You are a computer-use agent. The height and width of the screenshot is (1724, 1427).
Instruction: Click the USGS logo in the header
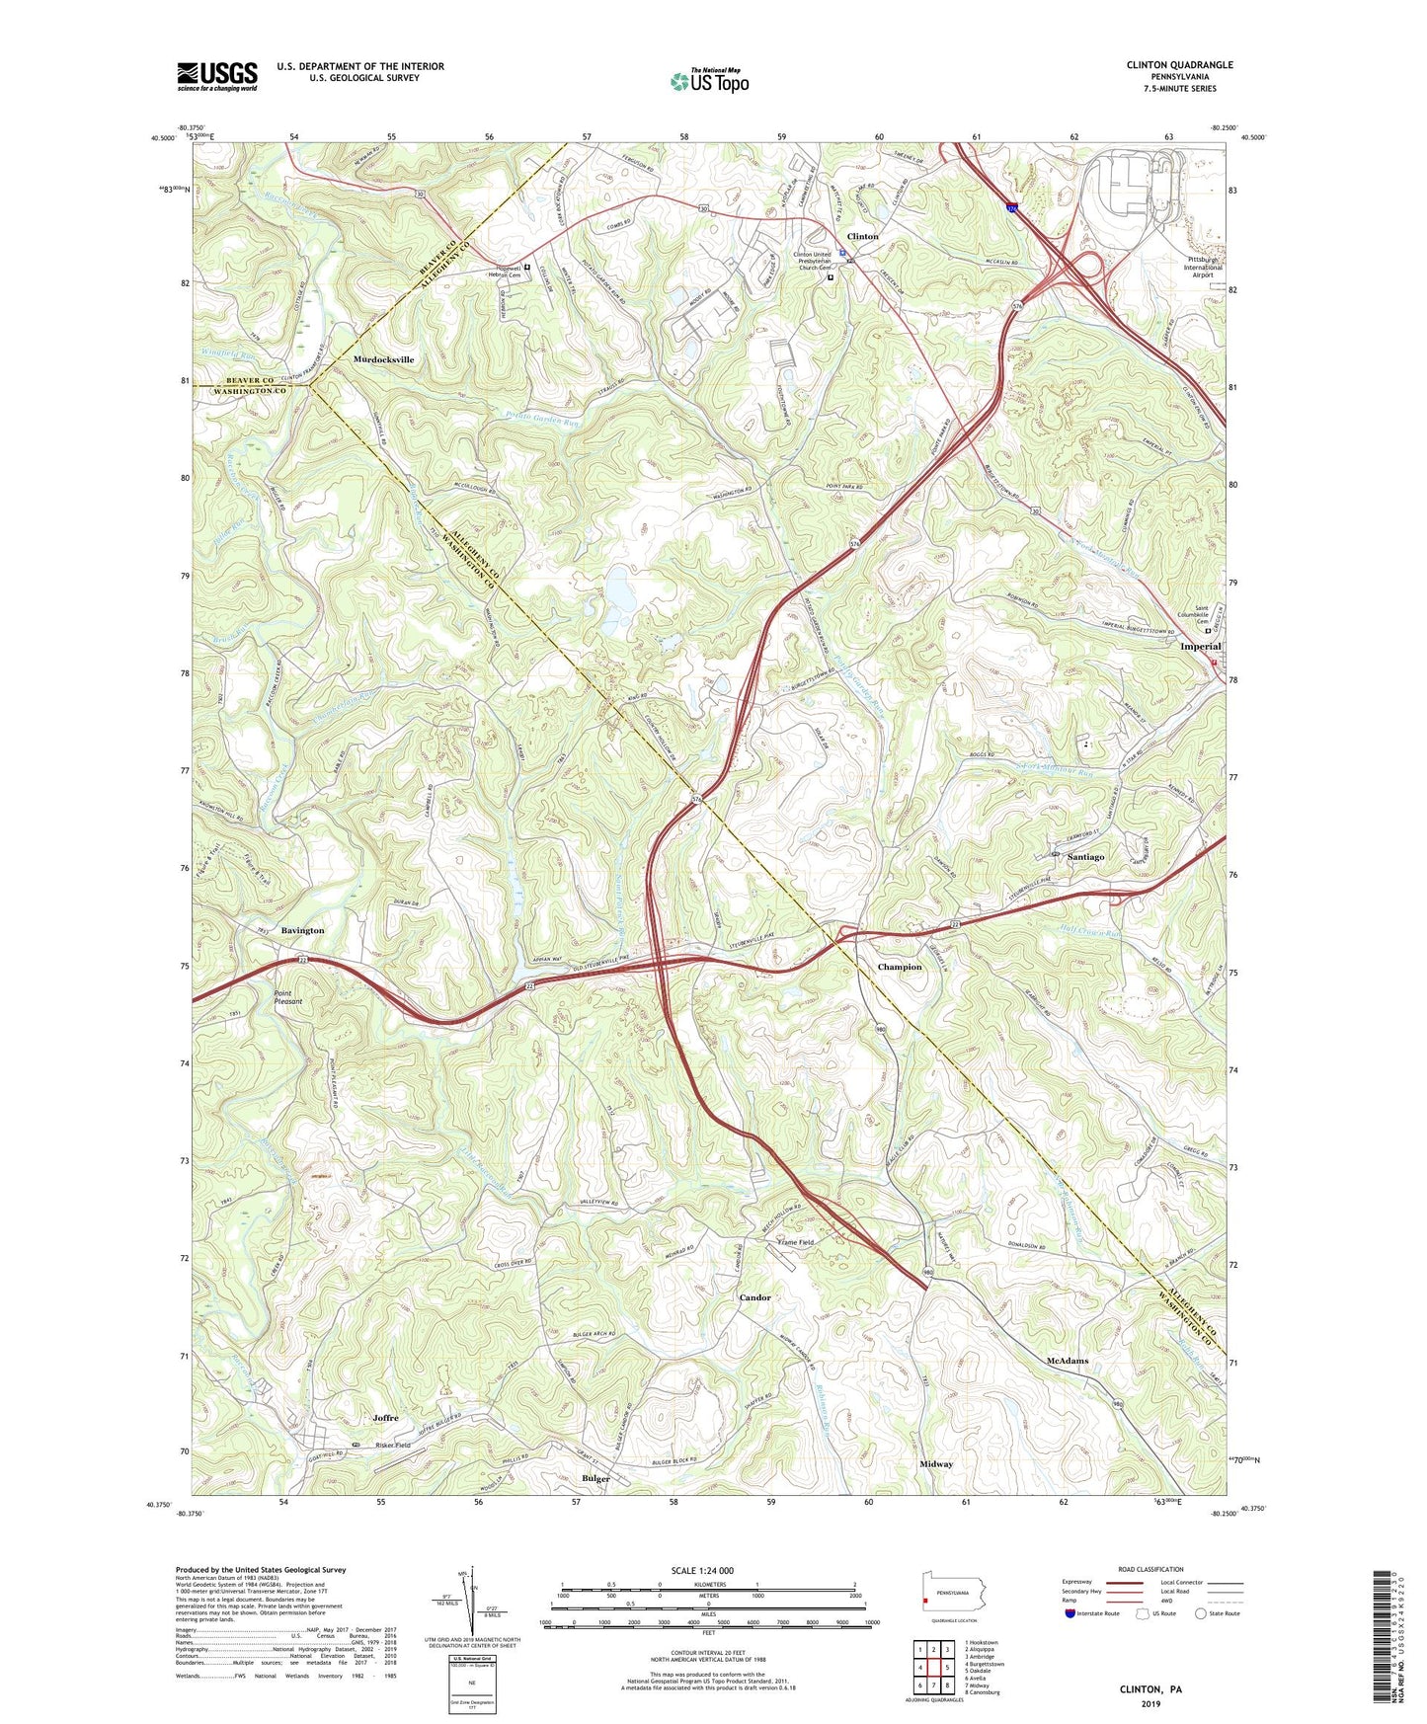tap(216, 75)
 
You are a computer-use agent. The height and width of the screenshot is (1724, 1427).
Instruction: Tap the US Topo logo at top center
tap(708, 81)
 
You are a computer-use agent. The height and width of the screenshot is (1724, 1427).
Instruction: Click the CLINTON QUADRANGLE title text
tap(1179, 65)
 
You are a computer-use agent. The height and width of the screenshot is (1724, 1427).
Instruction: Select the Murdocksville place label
tap(383, 359)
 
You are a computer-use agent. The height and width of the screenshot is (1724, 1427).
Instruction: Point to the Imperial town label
tap(1200, 646)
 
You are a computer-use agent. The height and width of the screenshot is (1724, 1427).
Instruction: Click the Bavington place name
tap(302, 930)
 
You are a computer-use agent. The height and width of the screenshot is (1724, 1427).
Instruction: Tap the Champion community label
tap(900, 967)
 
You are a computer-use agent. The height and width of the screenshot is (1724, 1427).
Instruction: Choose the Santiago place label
tap(1085, 856)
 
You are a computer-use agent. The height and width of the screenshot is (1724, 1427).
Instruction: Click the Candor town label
tap(754, 1297)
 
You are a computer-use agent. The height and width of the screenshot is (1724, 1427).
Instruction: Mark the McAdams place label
tap(1067, 1361)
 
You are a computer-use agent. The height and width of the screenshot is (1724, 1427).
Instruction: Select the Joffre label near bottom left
tap(385, 1418)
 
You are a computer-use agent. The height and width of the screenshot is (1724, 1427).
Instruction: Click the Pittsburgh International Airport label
tap(1204, 268)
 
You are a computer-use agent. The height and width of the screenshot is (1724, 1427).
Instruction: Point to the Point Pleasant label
tap(288, 997)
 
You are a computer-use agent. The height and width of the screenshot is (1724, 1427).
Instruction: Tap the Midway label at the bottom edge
tap(936, 1463)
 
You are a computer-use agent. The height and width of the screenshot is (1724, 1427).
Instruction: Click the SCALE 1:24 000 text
tap(702, 1571)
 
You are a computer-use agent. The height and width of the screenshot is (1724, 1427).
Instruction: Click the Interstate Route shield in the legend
tap(1070, 1614)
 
